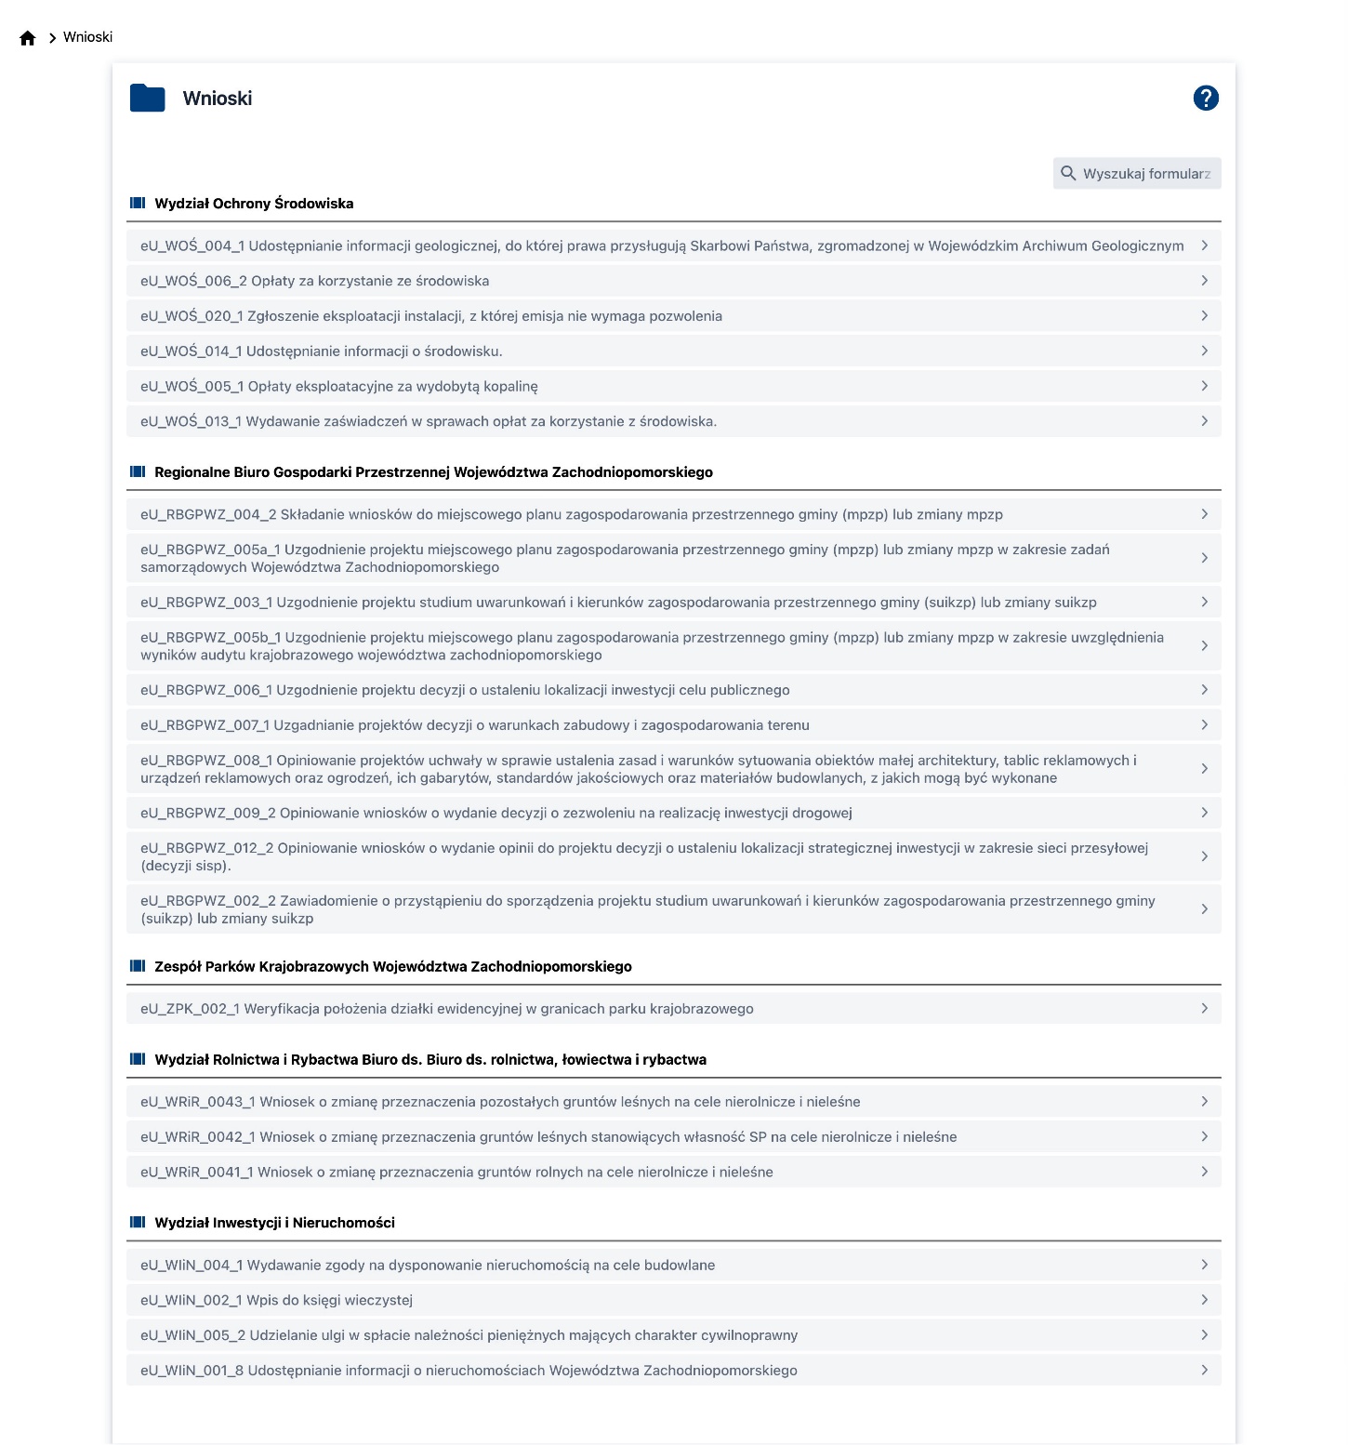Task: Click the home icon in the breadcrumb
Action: coord(28,38)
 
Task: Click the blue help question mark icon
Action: coord(1206,98)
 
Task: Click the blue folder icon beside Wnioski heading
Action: coord(148,98)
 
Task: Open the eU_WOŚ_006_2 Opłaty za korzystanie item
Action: coord(314,281)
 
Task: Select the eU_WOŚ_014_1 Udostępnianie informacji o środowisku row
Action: coord(321,351)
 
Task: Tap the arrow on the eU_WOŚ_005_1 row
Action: coord(1204,386)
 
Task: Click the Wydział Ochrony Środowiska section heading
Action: coord(254,204)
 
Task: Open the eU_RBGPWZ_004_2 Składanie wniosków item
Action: coord(571,514)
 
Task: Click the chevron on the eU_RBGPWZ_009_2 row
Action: coord(1204,813)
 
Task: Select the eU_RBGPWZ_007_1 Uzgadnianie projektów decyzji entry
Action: coord(474,725)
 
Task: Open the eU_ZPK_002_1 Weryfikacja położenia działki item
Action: coord(446,1009)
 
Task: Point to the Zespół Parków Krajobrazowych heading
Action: coord(392,967)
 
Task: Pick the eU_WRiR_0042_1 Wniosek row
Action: coord(548,1137)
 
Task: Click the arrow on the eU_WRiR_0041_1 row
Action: coord(1204,1172)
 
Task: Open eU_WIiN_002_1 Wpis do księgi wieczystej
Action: coord(276,1300)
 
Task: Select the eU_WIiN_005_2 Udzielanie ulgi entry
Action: coord(469,1335)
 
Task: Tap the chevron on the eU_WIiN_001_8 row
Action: coord(1204,1370)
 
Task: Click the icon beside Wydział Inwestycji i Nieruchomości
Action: coord(138,1222)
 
